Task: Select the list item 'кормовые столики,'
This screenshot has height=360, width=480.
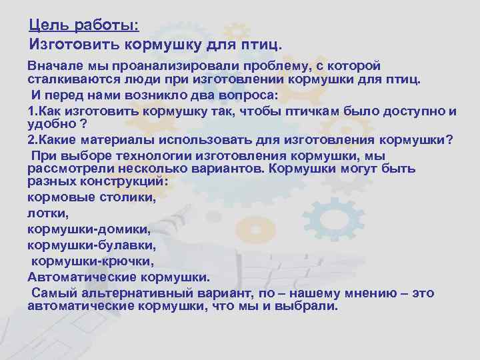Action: [x=92, y=198]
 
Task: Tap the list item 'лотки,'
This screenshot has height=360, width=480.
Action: [x=48, y=213]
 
